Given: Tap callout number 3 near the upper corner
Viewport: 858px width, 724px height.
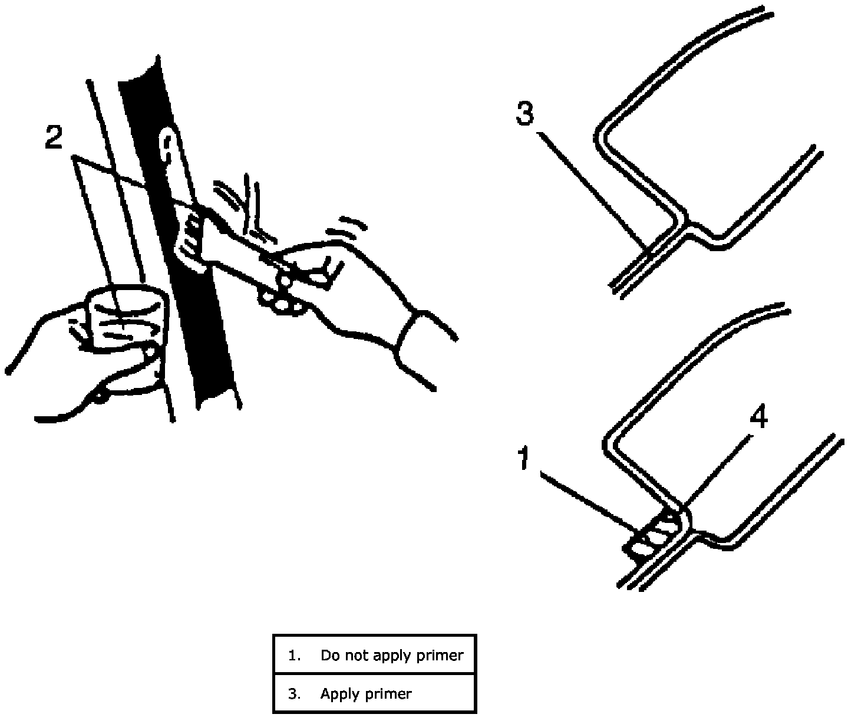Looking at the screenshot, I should pos(524,113).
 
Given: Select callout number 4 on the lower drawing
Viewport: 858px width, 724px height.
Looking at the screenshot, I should pos(758,419).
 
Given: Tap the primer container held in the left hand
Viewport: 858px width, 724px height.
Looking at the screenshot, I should pos(127,321).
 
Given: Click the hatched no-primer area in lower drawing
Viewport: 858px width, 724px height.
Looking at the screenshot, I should pos(653,534).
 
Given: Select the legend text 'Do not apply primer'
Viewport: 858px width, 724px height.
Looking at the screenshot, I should pos(392,655).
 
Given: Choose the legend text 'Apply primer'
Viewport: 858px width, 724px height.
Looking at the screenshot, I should pos(365,694).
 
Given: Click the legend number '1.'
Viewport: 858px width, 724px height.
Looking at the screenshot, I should pos(295,655).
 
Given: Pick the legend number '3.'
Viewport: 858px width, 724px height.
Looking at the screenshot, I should pos(295,694).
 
